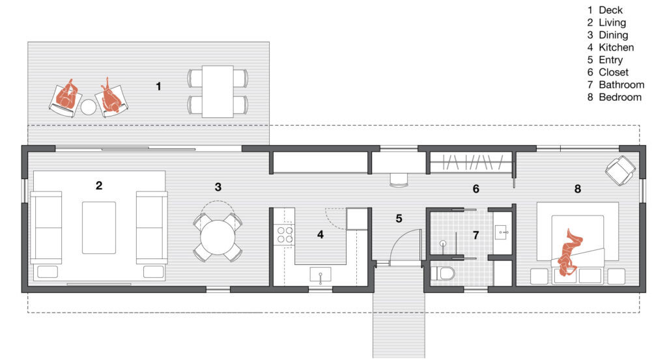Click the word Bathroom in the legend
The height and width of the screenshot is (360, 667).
point(621,85)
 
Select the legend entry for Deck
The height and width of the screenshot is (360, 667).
point(610,10)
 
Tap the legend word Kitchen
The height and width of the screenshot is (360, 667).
point(616,48)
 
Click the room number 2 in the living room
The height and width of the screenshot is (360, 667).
point(99,186)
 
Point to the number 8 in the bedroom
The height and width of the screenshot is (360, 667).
point(577,189)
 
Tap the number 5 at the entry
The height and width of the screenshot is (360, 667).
point(399,219)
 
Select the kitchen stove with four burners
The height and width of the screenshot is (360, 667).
point(285,234)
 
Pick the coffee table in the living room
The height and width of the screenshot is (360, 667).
point(99,227)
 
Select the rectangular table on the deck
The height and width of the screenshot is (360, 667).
point(218,91)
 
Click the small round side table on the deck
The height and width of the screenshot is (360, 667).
point(88,107)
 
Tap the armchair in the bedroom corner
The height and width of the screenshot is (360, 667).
point(619,170)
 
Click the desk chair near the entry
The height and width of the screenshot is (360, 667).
point(398,179)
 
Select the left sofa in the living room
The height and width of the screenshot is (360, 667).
point(46,227)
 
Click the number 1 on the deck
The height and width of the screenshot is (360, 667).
point(158,85)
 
